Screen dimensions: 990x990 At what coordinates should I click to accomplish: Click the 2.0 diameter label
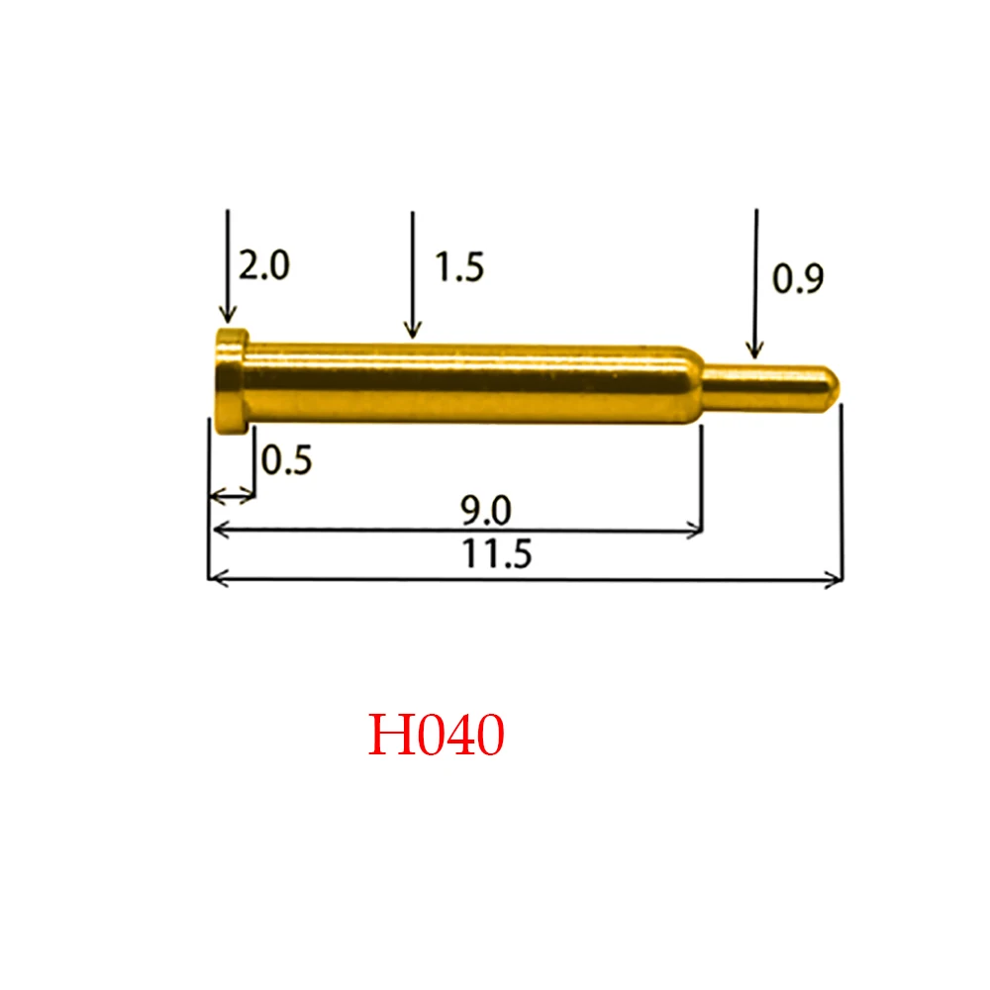[x=263, y=265]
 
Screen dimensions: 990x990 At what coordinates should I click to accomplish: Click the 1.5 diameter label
[x=458, y=266]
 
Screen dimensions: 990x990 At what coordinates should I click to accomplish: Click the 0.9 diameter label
[x=797, y=280]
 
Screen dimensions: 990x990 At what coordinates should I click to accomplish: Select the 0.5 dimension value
[x=287, y=459]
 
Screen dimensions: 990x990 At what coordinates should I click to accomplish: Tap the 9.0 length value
[x=485, y=511]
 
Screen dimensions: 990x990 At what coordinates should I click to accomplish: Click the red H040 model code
[x=437, y=736]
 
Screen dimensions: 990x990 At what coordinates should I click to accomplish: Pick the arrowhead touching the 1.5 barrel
[x=413, y=330]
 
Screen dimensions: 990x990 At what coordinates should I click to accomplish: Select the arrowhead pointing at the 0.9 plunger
[x=755, y=348]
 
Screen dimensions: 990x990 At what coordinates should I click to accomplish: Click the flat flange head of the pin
[x=229, y=381]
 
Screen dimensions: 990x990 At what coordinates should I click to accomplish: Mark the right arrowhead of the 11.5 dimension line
[x=835, y=580]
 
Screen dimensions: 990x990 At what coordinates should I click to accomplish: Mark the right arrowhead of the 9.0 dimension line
[x=695, y=532]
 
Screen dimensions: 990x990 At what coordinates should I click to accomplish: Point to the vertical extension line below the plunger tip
[x=841, y=495]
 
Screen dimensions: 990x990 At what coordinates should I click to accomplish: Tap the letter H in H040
[x=387, y=736]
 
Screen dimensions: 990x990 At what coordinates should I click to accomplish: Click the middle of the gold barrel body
[x=465, y=383]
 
